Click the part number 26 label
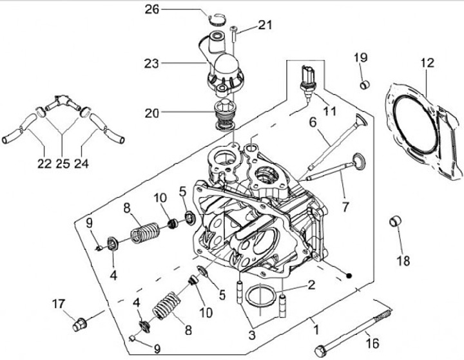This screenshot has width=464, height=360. [152, 10]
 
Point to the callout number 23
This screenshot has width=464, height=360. [151, 63]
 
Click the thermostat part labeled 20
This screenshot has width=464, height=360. [225, 115]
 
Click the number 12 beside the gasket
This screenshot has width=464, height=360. [428, 62]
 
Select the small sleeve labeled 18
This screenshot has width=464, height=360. [395, 222]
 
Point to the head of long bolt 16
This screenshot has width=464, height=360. [320, 352]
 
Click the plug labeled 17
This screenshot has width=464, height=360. [79, 324]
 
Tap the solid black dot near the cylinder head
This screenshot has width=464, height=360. [349, 276]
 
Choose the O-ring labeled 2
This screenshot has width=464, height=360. [259, 296]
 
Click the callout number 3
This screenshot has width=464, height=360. [252, 335]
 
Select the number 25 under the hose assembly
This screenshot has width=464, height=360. [63, 164]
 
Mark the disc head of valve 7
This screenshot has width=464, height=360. [359, 162]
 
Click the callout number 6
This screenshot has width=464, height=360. [313, 122]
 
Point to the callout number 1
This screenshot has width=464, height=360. [316, 330]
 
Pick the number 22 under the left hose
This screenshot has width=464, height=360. [44, 164]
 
